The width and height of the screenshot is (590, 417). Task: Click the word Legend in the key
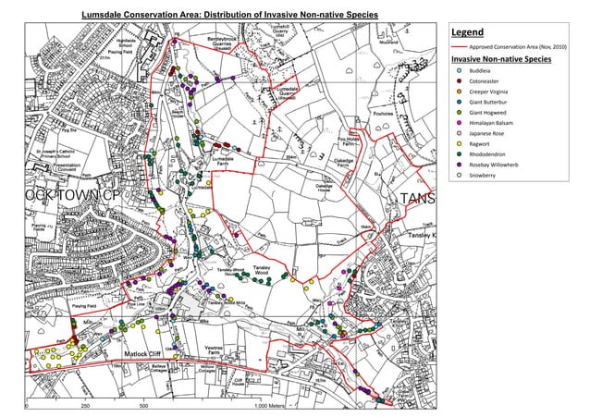click(x=467, y=31)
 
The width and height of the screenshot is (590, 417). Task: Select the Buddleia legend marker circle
click(x=459, y=70)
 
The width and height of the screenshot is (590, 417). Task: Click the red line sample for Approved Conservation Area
click(x=457, y=45)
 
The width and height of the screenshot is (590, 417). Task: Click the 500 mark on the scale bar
click(x=142, y=406)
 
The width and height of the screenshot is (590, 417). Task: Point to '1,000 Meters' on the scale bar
click(x=273, y=406)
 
